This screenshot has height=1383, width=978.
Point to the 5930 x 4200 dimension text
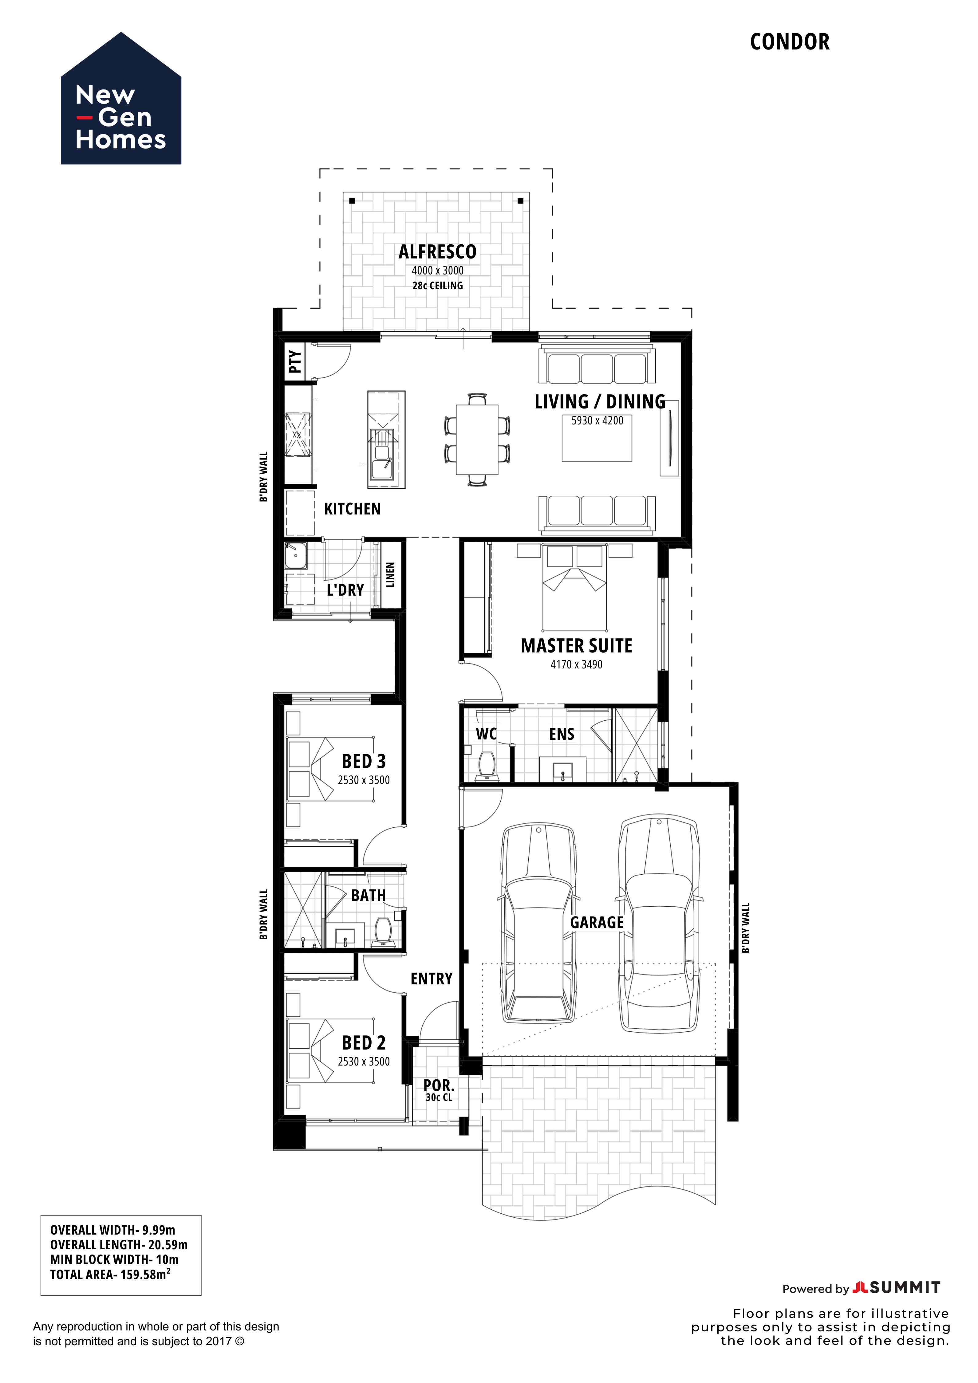tap(597, 420)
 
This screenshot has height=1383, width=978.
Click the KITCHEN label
tap(352, 509)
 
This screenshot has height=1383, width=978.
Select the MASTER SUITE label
tap(576, 646)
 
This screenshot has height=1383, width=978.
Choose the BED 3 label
tap(364, 761)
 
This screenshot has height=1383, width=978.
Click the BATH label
tap(369, 896)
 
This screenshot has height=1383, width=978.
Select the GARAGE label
tap(597, 923)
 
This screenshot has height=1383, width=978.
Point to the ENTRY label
tap(431, 979)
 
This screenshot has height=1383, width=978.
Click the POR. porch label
tap(438, 1086)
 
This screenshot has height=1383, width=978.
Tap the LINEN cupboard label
tap(390, 575)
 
